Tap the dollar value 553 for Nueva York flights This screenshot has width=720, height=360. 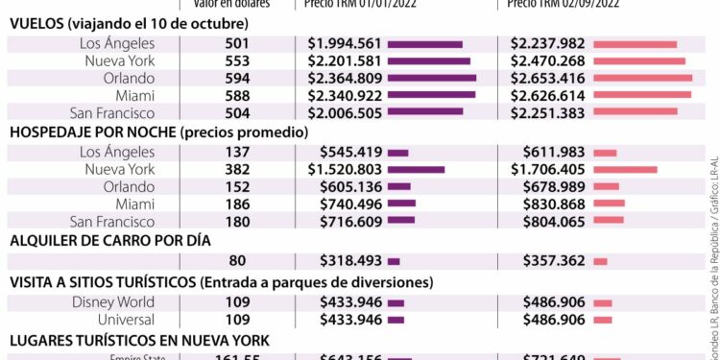point(237,60)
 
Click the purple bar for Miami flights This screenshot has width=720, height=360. point(431,94)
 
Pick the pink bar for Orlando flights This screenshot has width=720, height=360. point(642,77)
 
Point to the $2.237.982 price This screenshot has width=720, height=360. point(547,44)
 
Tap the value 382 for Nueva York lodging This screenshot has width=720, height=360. point(237,169)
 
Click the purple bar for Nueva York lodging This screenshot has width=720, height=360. point(416,169)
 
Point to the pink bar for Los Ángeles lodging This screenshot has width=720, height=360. point(605,152)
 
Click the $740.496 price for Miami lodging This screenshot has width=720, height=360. point(351,203)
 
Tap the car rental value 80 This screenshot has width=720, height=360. point(237,260)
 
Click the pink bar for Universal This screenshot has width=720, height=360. point(603,320)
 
